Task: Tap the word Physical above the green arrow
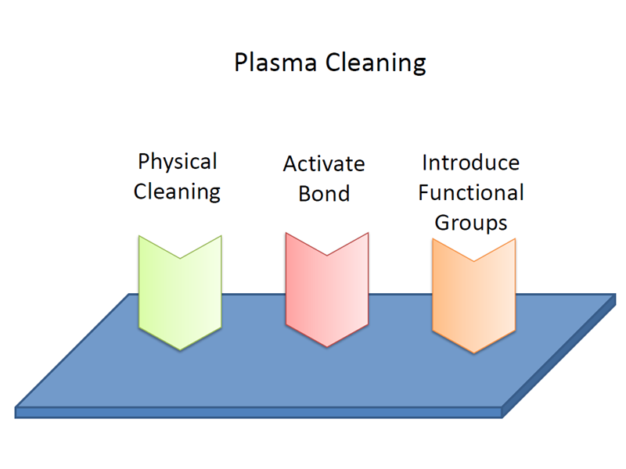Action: click(x=177, y=163)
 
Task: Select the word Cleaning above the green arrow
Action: click(x=177, y=192)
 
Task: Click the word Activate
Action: click(x=324, y=164)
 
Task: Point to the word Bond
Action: click(x=324, y=193)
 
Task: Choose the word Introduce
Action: click(x=470, y=163)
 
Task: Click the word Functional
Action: click(x=470, y=192)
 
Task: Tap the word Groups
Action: click(x=470, y=222)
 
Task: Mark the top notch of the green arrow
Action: click(x=180, y=257)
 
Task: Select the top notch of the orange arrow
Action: click(x=473, y=261)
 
